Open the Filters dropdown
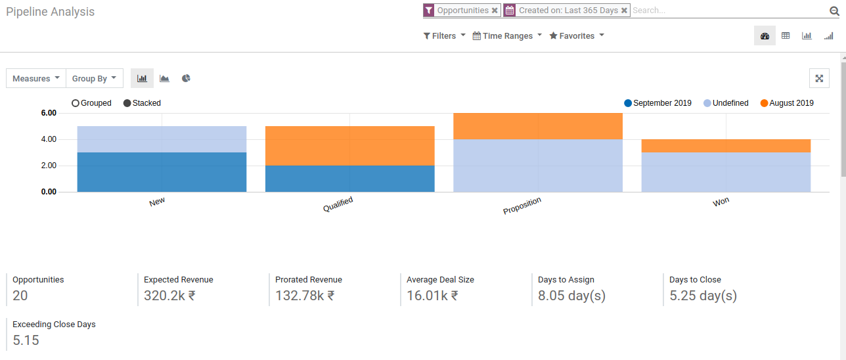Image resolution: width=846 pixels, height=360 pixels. [x=445, y=36]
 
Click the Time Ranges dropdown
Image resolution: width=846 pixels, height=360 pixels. [x=508, y=36]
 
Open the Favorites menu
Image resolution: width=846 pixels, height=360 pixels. [x=577, y=36]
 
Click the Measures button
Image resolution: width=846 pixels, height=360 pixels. [x=36, y=79]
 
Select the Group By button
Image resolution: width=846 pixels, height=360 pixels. [x=95, y=79]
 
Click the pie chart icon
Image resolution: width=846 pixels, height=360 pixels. [x=187, y=79]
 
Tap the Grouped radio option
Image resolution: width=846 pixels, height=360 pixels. [x=76, y=103]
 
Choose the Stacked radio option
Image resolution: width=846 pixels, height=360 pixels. [x=127, y=103]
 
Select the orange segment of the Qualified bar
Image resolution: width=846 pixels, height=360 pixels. [x=349, y=145]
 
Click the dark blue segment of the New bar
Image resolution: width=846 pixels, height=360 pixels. [x=162, y=172]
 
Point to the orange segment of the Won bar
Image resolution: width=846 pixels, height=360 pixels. [x=726, y=145]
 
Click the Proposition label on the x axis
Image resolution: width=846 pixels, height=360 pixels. [x=522, y=206]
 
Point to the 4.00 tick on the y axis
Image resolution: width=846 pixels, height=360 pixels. [x=49, y=139]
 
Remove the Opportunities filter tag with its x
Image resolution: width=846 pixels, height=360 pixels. [x=495, y=11]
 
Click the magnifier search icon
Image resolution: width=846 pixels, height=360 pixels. [x=834, y=11]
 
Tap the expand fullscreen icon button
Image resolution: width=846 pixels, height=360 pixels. [x=819, y=78]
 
